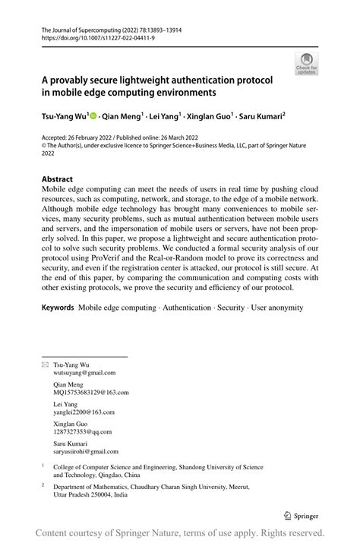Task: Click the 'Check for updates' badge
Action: coord(307,63)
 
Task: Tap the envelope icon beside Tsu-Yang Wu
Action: coord(44,365)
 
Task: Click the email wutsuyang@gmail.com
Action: coord(84,373)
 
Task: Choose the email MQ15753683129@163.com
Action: coord(90,393)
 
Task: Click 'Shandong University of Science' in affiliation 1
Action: coord(211,468)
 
